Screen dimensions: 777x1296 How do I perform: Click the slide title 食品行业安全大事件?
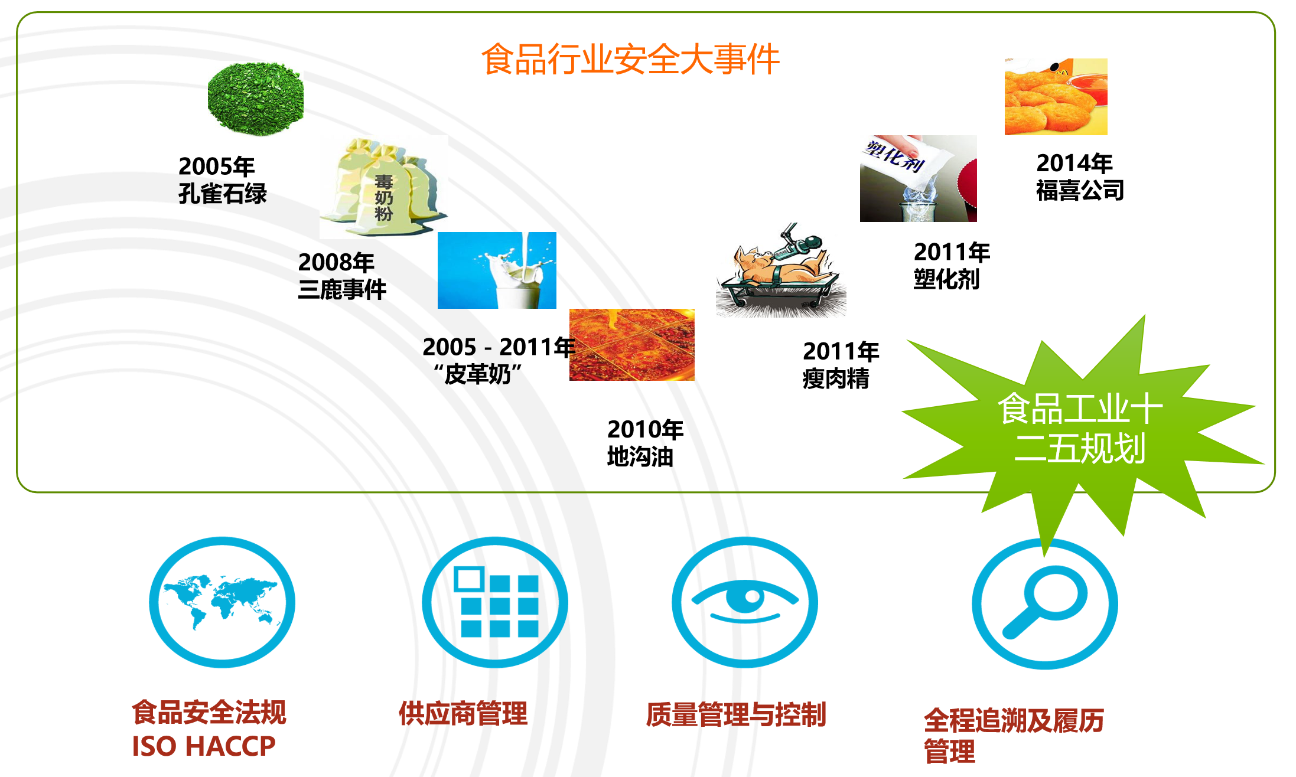(x=630, y=60)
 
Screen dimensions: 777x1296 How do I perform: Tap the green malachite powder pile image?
(x=256, y=99)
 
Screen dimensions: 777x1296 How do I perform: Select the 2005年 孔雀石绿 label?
(x=222, y=180)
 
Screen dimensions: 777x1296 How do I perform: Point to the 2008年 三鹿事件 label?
(x=342, y=276)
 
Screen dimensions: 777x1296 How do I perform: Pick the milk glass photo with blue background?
(x=497, y=270)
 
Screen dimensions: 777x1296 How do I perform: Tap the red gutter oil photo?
(x=631, y=345)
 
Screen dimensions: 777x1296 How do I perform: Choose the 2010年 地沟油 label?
(x=644, y=443)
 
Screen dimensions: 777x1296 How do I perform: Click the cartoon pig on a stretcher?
(x=780, y=270)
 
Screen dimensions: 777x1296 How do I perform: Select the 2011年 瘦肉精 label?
(x=841, y=365)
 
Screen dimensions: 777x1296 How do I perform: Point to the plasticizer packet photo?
(x=918, y=178)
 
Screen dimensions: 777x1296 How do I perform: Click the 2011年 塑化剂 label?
(x=951, y=266)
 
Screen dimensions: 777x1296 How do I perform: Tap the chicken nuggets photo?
(x=1056, y=97)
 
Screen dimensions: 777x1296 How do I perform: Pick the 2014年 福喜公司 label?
(x=1079, y=177)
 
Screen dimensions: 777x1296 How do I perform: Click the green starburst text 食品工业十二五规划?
(x=1080, y=428)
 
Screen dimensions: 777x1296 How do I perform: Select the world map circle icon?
(x=222, y=602)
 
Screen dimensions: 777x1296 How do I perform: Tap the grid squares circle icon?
(x=495, y=602)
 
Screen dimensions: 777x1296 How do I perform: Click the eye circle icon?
(x=745, y=602)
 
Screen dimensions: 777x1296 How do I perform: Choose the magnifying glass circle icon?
(x=1045, y=603)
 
